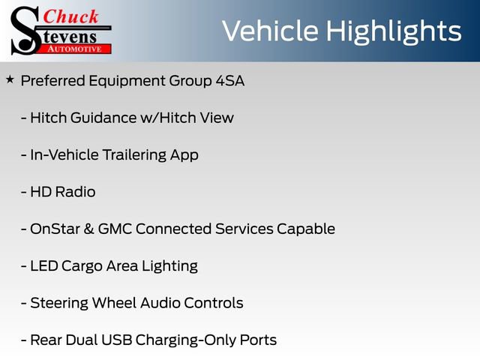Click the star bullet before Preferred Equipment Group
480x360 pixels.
[x=9, y=79]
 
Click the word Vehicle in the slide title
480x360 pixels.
[x=271, y=31]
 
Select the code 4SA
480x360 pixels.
[x=229, y=81]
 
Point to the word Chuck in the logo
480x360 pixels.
[x=71, y=16]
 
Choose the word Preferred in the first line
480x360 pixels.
[x=53, y=81]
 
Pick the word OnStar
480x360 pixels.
[x=52, y=229]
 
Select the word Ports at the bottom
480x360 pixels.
[x=257, y=340]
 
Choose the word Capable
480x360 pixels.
[x=306, y=229]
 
